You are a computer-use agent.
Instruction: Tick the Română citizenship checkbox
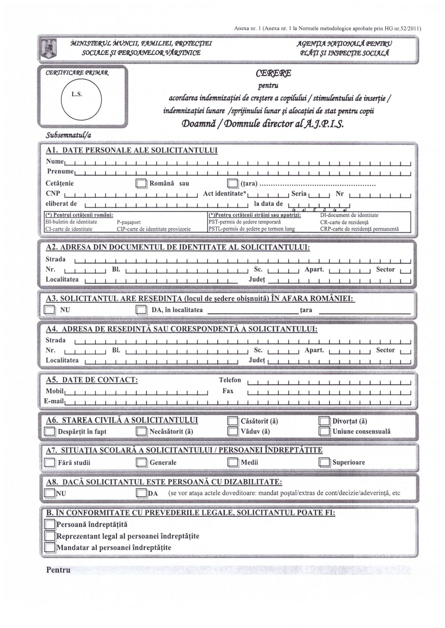tap(141, 184)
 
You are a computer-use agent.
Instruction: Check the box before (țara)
tap(233, 184)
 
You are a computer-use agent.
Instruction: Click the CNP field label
tap(53, 194)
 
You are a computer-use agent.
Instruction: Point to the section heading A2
tap(178, 248)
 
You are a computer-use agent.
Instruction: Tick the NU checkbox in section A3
tap(50, 310)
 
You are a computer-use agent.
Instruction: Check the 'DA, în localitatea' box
tap(141, 310)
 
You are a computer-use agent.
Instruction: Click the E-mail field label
tap(54, 401)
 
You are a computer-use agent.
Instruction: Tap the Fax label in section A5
tap(228, 391)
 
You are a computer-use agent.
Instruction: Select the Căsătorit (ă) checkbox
tap(233, 421)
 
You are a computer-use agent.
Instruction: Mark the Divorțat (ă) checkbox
tap(325, 421)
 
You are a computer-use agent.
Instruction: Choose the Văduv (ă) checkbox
tap(233, 431)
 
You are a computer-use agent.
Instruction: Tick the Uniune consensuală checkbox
tap(325, 431)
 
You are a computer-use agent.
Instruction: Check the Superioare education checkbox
tap(325, 462)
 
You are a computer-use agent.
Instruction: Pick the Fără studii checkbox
tap(50, 462)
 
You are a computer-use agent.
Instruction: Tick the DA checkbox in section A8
tap(141, 493)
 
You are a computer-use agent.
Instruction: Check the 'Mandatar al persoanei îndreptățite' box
tap(50, 547)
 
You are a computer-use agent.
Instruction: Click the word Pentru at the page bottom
tap(58, 570)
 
